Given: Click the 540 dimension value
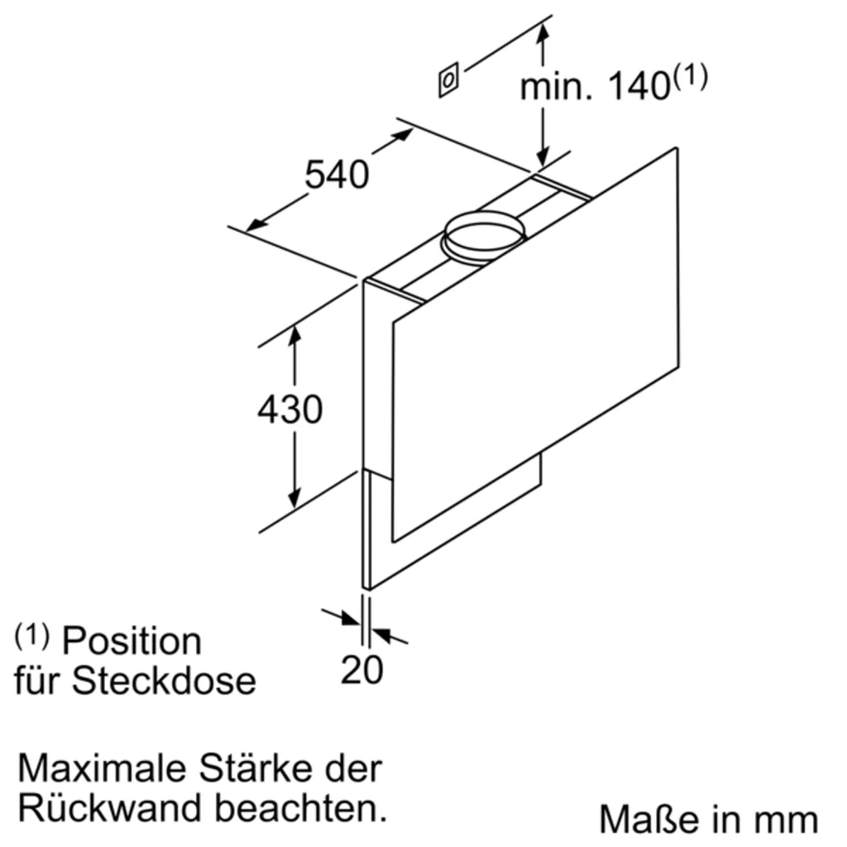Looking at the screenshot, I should click(x=337, y=175).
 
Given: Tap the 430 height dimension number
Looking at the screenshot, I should click(x=290, y=409).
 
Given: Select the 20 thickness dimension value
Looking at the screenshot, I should click(x=362, y=669).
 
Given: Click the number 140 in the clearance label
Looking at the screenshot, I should click(x=638, y=86).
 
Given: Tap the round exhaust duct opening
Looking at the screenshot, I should click(x=484, y=234).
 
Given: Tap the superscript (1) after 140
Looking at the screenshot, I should click(x=690, y=78).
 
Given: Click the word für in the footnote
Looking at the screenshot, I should click(x=39, y=681).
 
